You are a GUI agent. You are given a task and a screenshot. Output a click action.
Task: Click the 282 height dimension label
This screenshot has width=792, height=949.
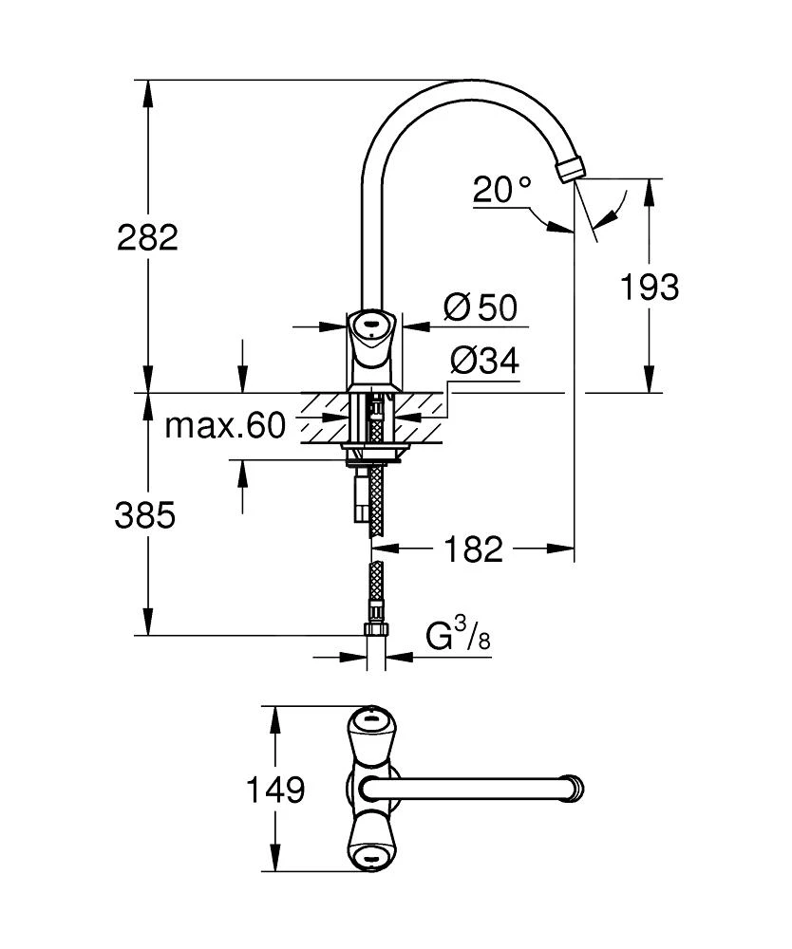tap(147, 236)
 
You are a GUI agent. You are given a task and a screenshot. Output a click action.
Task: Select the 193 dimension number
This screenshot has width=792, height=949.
tap(649, 286)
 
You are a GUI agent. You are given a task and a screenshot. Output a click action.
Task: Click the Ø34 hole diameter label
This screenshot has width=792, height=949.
tap(484, 361)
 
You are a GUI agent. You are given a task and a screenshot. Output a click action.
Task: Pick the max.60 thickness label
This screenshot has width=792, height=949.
tap(225, 426)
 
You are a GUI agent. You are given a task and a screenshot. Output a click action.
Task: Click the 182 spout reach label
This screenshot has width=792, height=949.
tap(473, 548)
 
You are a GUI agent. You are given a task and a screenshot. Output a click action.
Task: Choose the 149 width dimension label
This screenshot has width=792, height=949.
tap(275, 790)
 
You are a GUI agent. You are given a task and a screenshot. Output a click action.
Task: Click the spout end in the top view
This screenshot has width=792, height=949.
tap(575, 788)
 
